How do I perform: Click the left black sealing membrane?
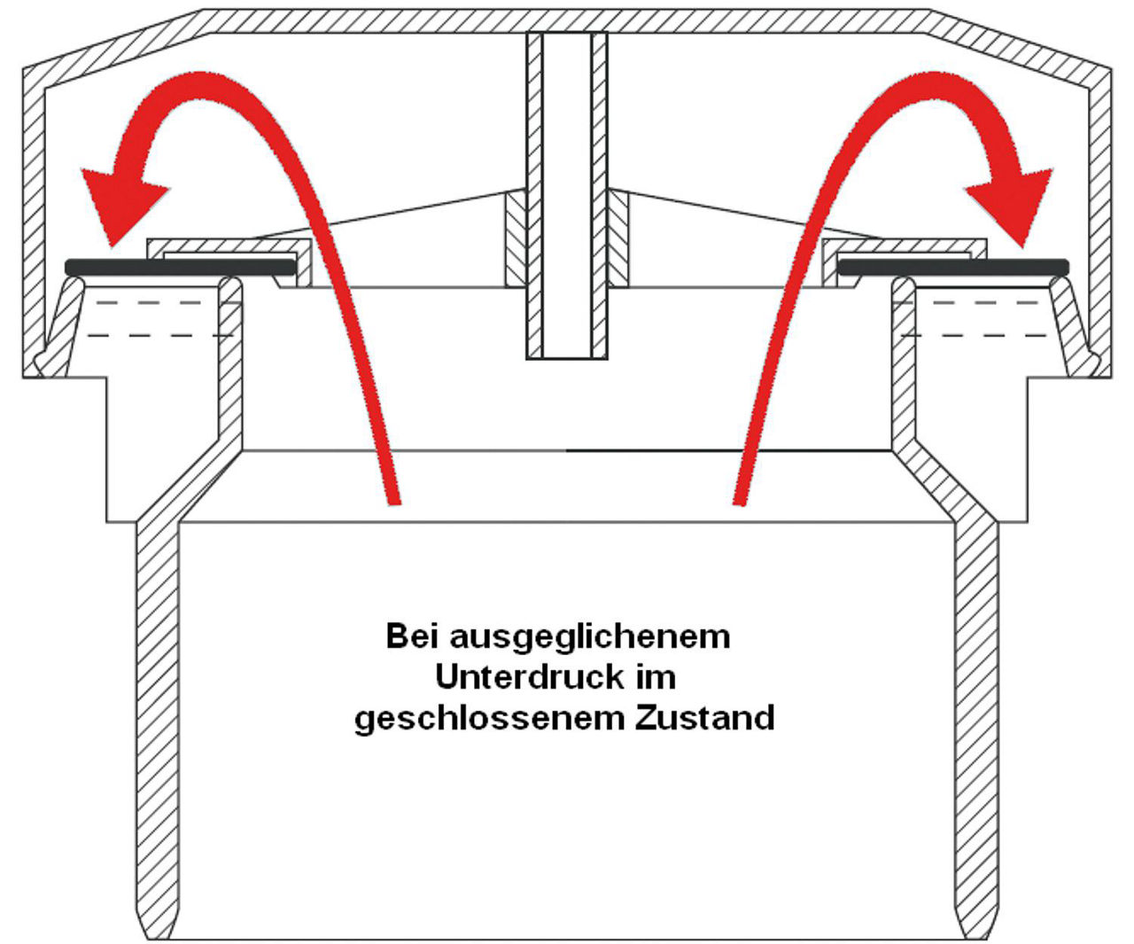pos(181,268)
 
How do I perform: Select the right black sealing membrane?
pos(953,268)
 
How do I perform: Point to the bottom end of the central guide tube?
pos(567,359)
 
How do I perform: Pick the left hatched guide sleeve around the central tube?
pos(516,238)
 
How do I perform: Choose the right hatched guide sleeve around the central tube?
pos(618,238)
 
